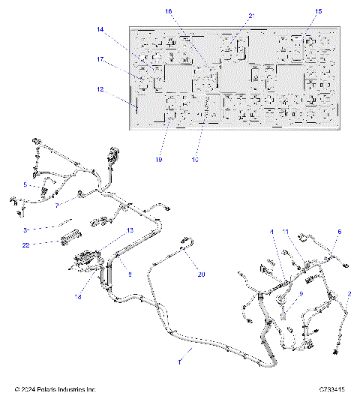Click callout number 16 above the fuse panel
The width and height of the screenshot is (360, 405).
pyautogui.click(x=168, y=12)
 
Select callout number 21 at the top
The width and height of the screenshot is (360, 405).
pyautogui.click(x=251, y=16)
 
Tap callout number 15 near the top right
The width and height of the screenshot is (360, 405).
pyautogui.click(x=319, y=12)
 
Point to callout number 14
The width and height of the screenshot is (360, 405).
pyautogui.click(x=100, y=30)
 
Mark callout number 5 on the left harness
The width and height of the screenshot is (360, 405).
pyautogui.click(x=25, y=184)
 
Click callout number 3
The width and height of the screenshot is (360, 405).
pyautogui.click(x=25, y=230)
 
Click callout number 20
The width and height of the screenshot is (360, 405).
pyautogui.click(x=200, y=275)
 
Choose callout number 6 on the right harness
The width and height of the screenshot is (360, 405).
pyautogui.click(x=338, y=232)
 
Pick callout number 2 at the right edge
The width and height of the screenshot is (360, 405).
pyautogui.click(x=348, y=295)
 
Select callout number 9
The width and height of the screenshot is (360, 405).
pyautogui.click(x=301, y=294)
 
